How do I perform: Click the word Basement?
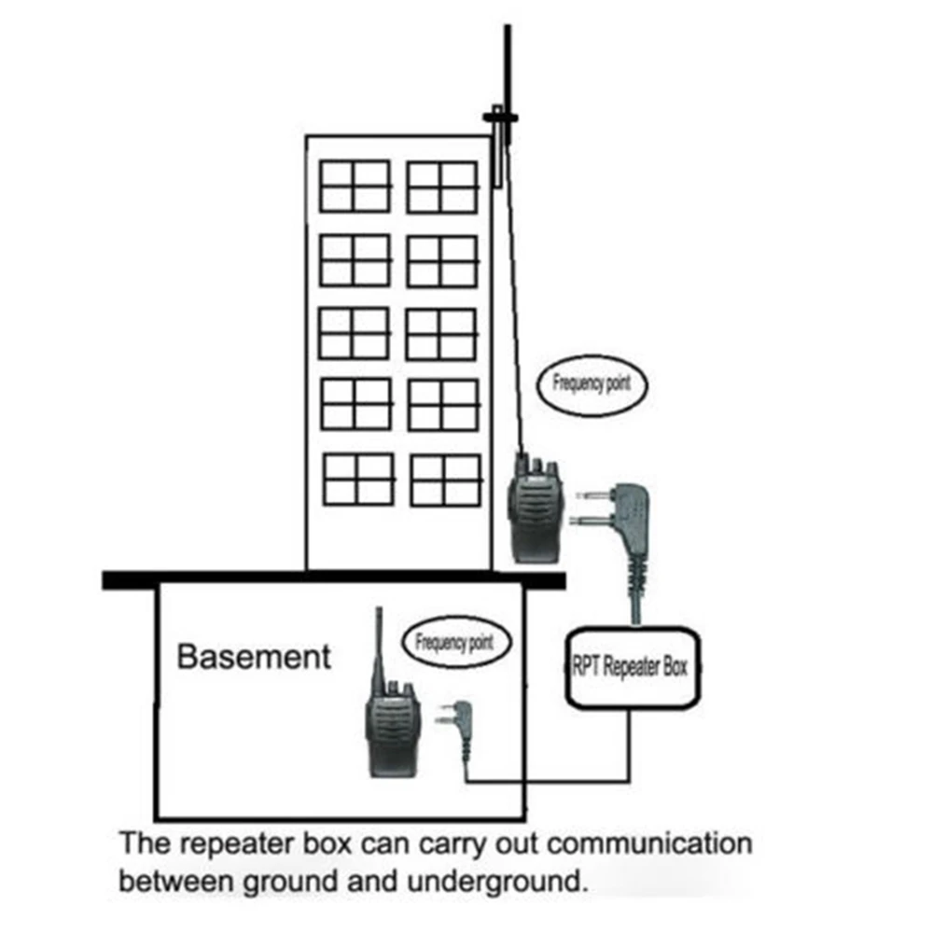254,656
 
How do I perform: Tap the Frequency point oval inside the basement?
453,644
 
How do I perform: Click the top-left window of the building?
355,186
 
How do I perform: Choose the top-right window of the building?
442,187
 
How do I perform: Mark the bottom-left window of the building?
359,479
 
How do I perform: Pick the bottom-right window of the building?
446,480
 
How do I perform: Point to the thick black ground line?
333,579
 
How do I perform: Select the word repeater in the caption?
244,844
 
